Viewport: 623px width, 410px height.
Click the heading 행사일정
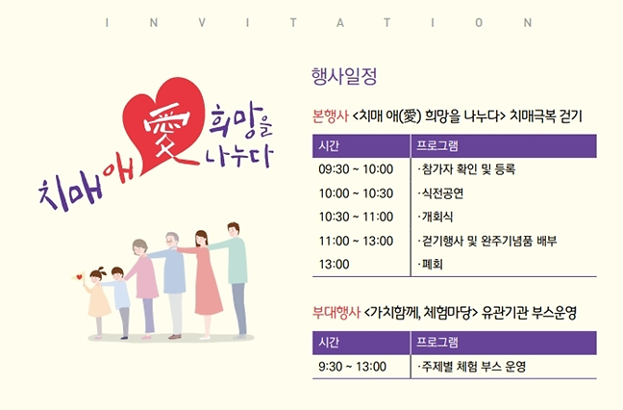tap(343, 75)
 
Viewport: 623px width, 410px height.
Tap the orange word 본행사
tap(330, 116)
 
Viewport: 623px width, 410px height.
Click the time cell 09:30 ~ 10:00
tap(355, 169)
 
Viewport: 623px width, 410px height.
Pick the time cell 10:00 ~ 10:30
tap(355, 192)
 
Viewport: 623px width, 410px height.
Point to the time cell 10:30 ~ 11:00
tap(355, 216)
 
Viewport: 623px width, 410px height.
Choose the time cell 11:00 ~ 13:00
tap(355, 240)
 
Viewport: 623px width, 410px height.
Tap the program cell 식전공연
tap(441, 192)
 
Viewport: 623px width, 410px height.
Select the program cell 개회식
tap(436, 216)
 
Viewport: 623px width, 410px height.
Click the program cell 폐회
tap(430, 263)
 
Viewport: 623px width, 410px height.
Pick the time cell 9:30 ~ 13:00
tap(352, 367)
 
